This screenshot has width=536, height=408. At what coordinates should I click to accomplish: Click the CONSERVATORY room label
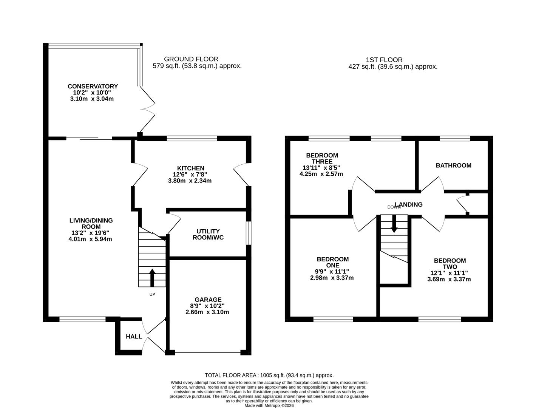tap(93, 87)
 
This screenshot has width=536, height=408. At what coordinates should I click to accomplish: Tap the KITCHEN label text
tap(190, 168)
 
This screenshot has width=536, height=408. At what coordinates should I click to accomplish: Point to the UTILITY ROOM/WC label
tap(208, 234)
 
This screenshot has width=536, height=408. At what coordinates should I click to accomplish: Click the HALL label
tap(134, 337)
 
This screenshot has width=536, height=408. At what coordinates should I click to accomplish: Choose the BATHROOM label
tap(453, 165)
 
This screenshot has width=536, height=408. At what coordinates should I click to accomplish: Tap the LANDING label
tap(409, 204)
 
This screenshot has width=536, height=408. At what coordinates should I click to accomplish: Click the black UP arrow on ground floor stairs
tap(152, 278)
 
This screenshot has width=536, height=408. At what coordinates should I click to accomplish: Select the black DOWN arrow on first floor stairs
tap(394, 224)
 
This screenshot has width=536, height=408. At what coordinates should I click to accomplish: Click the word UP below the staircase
tap(152, 294)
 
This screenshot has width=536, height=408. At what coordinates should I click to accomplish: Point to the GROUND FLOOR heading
tap(191, 59)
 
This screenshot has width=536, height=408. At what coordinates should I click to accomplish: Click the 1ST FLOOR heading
tap(384, 60)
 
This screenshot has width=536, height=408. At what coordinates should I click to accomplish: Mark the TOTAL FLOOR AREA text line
tap(269, 375)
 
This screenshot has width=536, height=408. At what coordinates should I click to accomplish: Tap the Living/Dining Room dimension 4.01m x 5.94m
tap(91, 239)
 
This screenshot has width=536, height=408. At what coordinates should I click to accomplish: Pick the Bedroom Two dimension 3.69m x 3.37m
tap(449, 279)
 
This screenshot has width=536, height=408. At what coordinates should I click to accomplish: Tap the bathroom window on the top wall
tap(455, 139)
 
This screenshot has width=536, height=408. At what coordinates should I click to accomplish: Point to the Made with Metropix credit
tap(269, 405)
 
